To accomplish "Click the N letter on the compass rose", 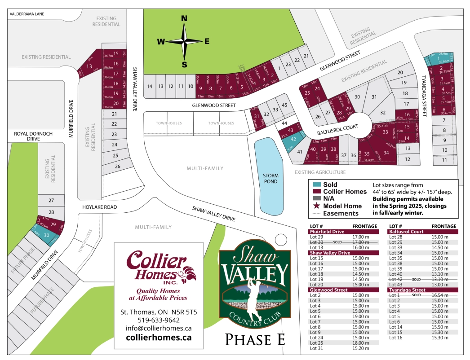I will [x=184, y=18].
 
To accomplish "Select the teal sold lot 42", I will [x=293, y=139].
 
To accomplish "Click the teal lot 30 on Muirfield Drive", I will [x=46, y=234].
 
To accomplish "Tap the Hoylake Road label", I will [x=99, y=207].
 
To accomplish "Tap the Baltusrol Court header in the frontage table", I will [x=406, y=232].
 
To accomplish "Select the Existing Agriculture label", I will [x=320, y=172].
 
